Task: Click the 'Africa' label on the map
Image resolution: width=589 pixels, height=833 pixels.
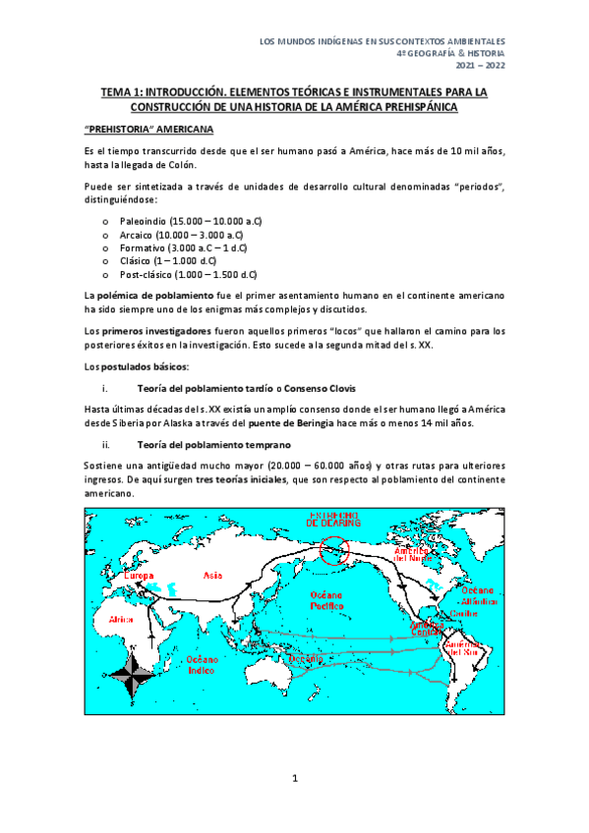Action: point(121,620)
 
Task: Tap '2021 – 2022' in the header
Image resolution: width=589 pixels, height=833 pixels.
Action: point(481,65)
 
